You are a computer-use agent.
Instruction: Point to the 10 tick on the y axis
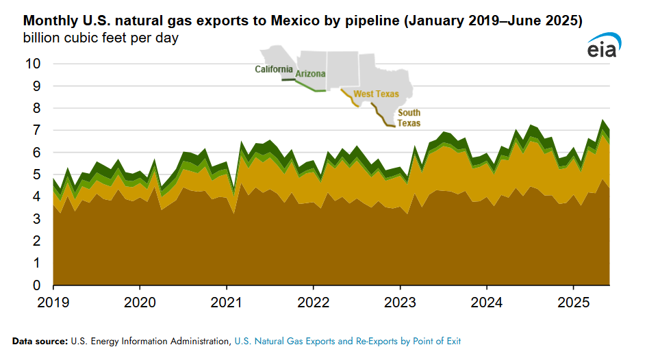click(32, 64)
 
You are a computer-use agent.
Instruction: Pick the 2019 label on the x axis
click(53, 300)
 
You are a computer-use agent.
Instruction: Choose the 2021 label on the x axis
click(226, 300)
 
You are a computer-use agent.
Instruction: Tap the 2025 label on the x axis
click(573, 300)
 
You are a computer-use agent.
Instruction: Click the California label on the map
click(274, 69)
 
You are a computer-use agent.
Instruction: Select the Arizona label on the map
click(310, 74)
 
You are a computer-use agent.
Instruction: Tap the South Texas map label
click(409, 118)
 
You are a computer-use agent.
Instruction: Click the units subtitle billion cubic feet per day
click(101, 38)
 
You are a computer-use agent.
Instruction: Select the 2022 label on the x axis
click(313, 300)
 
